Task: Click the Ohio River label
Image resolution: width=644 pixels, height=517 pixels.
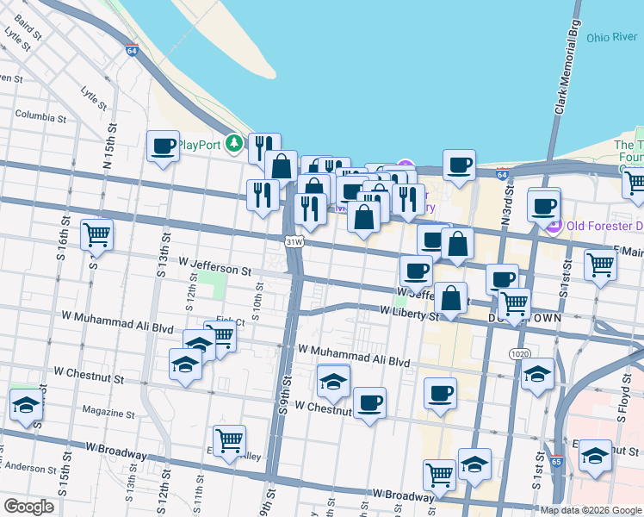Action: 610,38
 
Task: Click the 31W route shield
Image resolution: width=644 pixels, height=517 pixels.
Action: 294,242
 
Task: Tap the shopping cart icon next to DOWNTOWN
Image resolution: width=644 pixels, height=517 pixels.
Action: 515,302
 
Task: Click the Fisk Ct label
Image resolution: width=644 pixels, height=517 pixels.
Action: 231,322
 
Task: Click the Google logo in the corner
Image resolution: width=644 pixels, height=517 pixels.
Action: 29,507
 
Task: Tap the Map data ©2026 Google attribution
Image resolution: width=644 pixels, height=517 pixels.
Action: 591,510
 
